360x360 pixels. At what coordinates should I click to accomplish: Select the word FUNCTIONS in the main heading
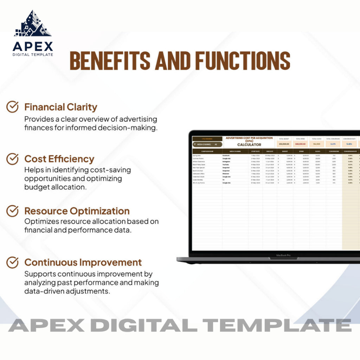243,61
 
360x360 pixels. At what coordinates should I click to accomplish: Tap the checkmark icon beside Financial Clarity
13,107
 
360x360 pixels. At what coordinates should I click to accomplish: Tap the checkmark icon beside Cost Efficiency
13,159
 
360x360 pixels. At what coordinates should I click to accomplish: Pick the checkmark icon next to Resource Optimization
13,211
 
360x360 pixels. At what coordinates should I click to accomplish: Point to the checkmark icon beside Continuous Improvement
13,262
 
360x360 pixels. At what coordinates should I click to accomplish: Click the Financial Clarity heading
60,107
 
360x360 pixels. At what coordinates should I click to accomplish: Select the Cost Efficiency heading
59,159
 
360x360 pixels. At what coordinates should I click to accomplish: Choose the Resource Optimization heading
77,211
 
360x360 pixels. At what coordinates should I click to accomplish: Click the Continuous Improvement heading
83,262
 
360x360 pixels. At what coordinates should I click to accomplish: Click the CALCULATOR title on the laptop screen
249,144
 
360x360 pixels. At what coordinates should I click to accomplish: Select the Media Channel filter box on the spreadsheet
207,144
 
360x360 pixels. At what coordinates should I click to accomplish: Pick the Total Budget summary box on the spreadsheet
284,142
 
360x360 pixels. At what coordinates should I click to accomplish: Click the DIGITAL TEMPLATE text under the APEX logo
33,54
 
